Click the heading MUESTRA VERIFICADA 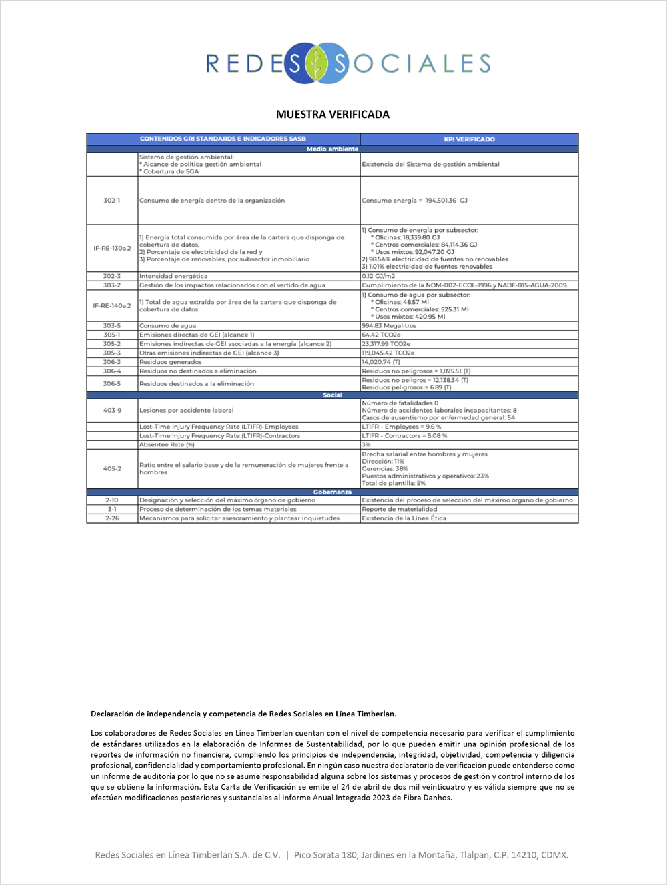pos(333,115)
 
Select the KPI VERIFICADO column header pos(469,139)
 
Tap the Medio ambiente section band pos(332,149)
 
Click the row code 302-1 pos(112,200)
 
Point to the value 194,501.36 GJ pos(446,200)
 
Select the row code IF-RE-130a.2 pos(112,248)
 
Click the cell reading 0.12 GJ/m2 pos(378,276)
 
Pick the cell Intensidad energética pos(173,276)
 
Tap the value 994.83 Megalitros pos(389,326)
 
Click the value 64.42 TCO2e pos(381,335)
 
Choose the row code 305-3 pos(112,353)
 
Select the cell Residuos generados pos(171,362)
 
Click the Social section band pos(332,395)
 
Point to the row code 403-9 pos(112,410)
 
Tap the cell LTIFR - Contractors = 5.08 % pos(404,436)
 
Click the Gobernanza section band pos(332,492)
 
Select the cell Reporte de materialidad pos(400,509)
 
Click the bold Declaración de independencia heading pos(243,714)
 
